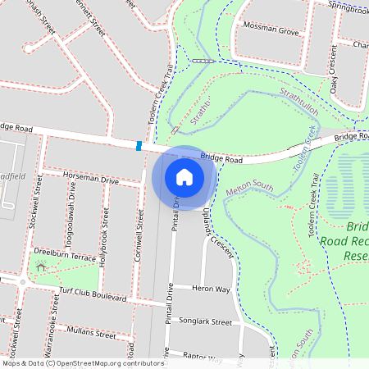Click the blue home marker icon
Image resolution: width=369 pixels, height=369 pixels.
click(x=184, y=176)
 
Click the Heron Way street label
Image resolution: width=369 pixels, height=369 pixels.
click(x=212, y=289)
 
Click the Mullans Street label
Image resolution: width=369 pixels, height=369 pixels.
click(x=91, y=332)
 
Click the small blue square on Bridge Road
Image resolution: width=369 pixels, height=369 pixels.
click(x=139, y=146)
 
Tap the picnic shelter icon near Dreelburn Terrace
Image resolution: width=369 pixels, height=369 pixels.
click(x=41, y=267)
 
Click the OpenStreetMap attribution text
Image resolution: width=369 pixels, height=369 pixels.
click(x=84, y=363)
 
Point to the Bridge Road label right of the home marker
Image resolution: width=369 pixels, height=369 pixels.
click(x=222, y=156)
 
